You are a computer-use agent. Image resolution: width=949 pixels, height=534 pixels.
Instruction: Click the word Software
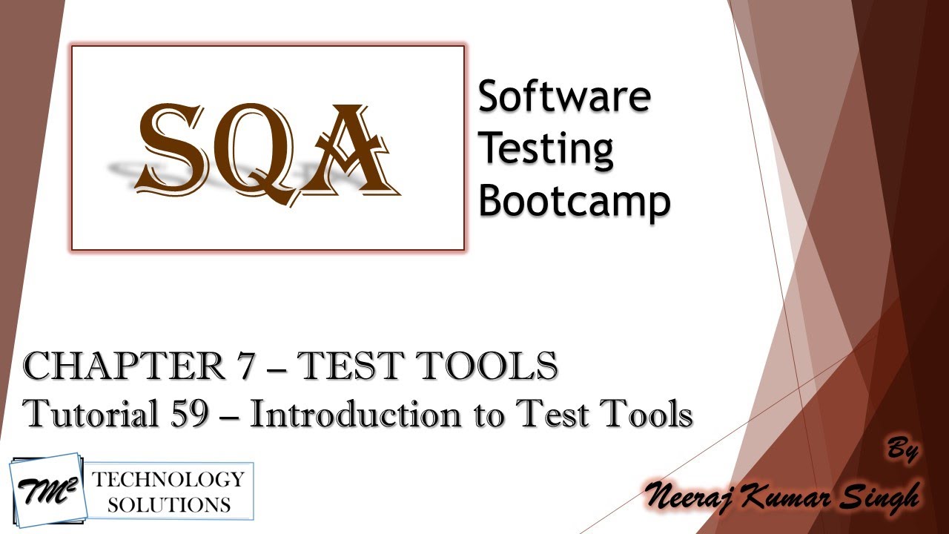pyautogui.click(x=563, y=97)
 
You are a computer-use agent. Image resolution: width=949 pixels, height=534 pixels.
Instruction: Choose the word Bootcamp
pyautogui.click(x=574, y=200)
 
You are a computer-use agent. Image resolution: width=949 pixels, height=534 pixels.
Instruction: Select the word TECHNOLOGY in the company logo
pyautogui.click(x=168, y=480)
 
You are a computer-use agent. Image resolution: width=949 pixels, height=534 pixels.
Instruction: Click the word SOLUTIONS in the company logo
pyautogui.click(x=168, y=505)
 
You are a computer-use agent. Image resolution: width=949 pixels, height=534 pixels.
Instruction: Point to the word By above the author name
pyautogui.click(x=903, y=451)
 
